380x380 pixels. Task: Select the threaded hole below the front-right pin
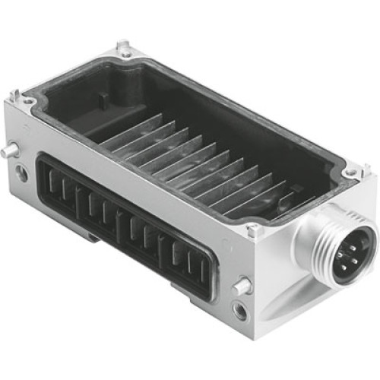[241, 310]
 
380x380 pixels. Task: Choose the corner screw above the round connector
[351, 173]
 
